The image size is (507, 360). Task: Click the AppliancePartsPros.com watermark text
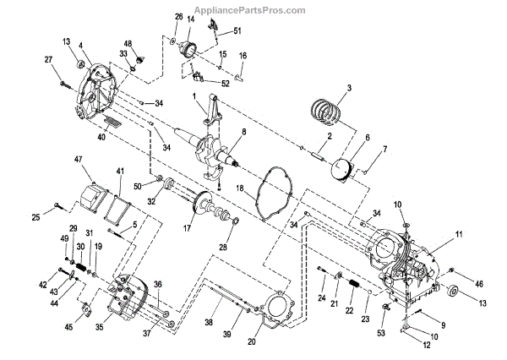coord(251,10)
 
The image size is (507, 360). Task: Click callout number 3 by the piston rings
coord(349,88)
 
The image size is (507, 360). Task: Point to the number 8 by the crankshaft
coord(243,132)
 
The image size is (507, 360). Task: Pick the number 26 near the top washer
coord(178,16)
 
